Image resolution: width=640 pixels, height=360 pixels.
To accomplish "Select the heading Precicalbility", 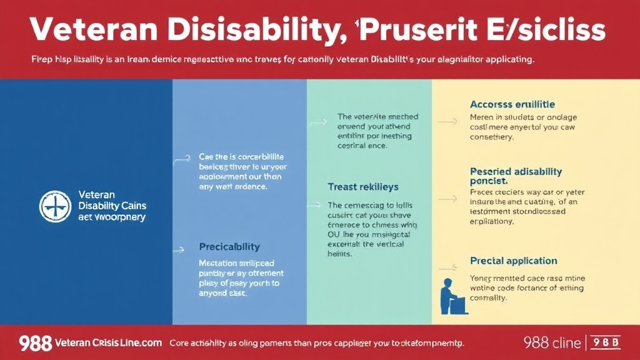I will (x=229, y=247).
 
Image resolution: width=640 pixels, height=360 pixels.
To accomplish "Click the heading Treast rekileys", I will (x=362, y=187).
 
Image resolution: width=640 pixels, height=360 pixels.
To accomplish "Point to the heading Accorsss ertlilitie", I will (x=512, y=104).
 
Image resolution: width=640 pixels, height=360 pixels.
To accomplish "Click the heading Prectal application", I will (x=513, y=261).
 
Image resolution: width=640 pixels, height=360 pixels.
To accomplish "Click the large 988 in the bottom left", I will (x=34, y=342).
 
